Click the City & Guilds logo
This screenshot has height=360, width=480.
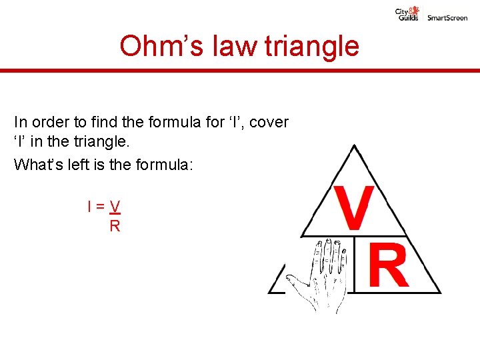point(408,14)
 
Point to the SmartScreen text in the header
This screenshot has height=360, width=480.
point(447,18)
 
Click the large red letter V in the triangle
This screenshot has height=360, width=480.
point(353,207)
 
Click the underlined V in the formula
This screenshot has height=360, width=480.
point(115,207)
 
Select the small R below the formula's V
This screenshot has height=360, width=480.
point(115,226)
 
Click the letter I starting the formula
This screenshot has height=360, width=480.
point(89,207)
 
